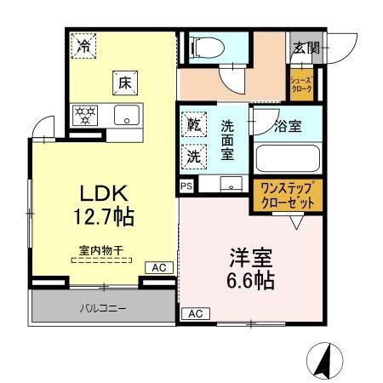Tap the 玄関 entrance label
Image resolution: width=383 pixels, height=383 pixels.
coord(305,48)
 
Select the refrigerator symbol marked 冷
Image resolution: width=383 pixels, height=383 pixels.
coord(83,46)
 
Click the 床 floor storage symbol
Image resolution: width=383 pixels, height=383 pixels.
coord(123,84)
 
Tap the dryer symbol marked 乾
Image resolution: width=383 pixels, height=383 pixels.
coord(194,125)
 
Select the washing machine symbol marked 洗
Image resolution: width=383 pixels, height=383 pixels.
coord(194,157)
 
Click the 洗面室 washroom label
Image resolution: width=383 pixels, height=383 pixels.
coord(227,141)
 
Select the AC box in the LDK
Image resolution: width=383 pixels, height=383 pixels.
coord(158,267)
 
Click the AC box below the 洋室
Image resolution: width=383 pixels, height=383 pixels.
coord(194,312)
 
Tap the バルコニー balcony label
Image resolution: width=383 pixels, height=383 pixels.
coord(105,307)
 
